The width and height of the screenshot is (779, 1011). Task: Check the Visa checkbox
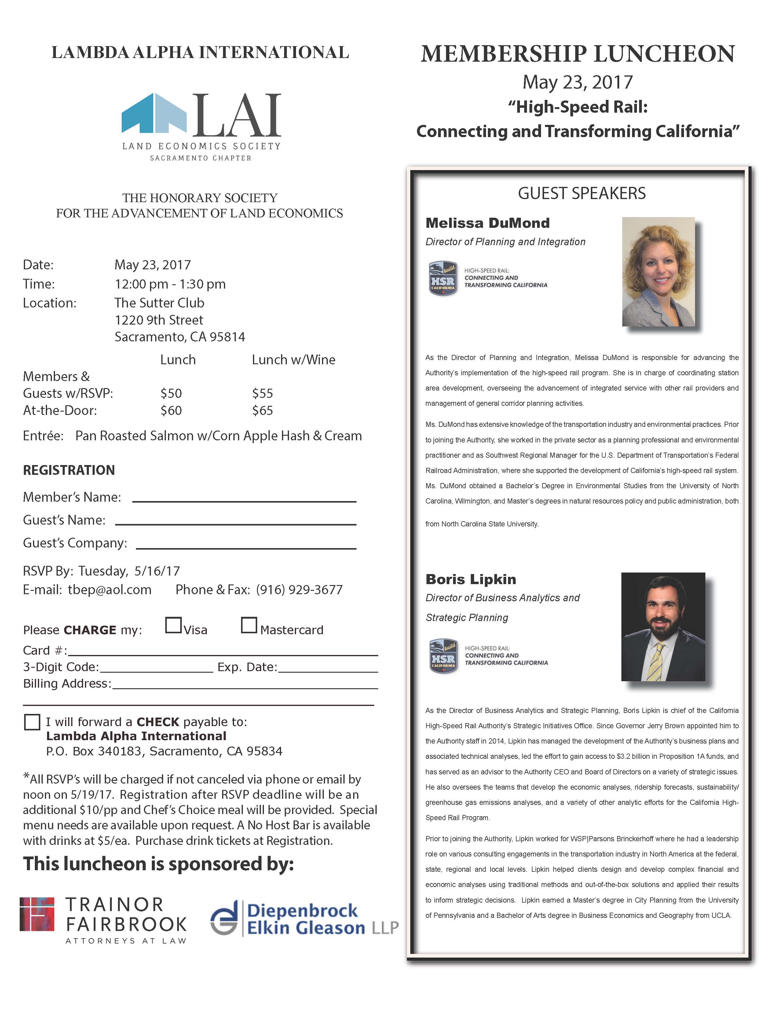pos(173,625)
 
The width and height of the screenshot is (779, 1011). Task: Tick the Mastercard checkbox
pos(249,625)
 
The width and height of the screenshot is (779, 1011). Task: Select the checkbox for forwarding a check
pos(32,722)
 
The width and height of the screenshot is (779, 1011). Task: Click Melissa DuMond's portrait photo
pos(658,272)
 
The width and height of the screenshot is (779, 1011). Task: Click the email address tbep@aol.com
pos(110,590)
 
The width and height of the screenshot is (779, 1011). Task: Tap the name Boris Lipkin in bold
pos(470,580)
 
